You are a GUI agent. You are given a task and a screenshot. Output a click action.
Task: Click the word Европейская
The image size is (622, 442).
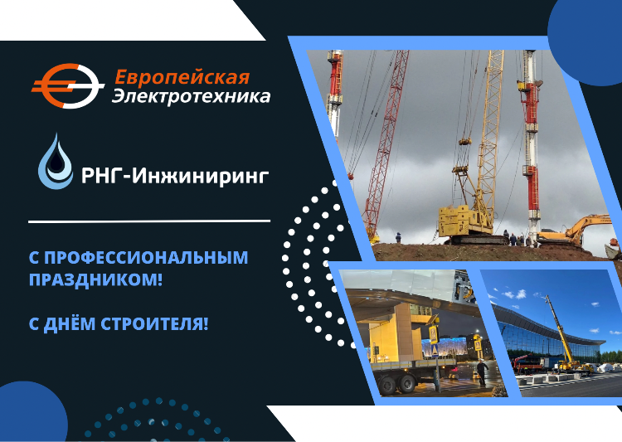point(182,77)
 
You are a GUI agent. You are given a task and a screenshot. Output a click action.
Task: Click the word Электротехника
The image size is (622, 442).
point(192,97)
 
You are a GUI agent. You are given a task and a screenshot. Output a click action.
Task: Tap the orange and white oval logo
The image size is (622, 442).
point(68,86)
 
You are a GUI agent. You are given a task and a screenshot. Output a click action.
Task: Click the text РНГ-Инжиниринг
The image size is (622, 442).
point(175,176)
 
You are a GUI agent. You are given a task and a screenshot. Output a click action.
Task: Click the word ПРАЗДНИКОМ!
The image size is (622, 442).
point(95,279)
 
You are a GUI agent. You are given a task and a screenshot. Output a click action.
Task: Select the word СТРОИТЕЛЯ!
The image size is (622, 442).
point(154,323)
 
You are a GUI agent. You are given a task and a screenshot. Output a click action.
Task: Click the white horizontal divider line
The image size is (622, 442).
point(149,221)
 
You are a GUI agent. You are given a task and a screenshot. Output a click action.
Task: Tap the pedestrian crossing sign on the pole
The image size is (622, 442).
point(433,334)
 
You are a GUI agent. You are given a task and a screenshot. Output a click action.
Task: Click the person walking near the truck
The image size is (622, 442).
point(482,372)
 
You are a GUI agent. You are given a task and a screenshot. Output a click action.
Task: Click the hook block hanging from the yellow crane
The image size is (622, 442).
point(464,141)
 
